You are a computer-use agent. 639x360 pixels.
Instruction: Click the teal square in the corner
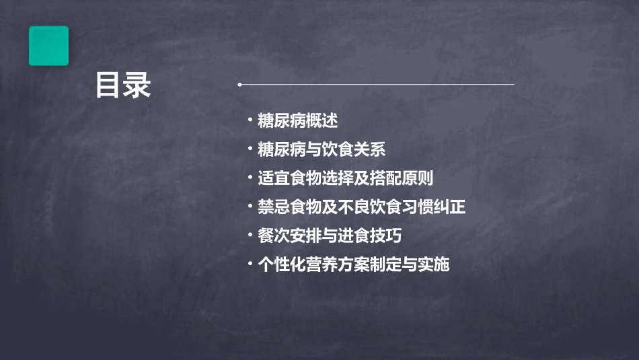pos(48,46)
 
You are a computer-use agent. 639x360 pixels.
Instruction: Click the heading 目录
pos(122,85)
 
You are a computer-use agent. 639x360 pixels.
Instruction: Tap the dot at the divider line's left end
pos(239,85)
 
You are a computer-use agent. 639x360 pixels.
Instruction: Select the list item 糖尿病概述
pos(297,121)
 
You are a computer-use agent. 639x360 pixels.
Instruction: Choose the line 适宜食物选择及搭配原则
pos(345,178)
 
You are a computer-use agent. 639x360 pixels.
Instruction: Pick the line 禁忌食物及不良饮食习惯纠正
pos(361,207)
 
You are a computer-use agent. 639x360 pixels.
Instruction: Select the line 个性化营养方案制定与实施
pos(353,264)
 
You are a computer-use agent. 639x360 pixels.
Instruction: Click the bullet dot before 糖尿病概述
pos(250,121)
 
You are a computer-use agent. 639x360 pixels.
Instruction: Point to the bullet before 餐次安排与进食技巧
pos(250,236)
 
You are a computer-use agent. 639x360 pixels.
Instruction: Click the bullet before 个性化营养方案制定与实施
pos(250,264)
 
